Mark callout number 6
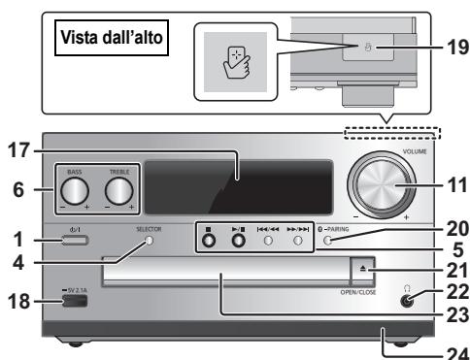[x=12, y=192]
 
